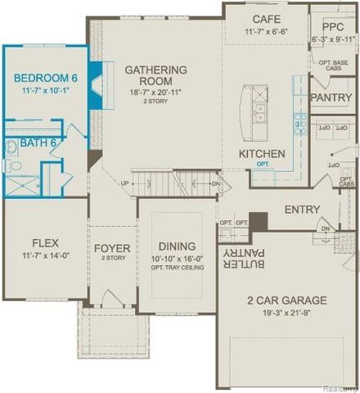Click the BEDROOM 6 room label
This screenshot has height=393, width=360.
coord(45,79)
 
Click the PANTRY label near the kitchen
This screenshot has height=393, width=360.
coord(332,97)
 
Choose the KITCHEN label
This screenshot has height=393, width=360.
coord(262,153)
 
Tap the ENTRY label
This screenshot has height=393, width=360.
coord(302,210)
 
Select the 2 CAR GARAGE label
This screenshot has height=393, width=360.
coord(286,300)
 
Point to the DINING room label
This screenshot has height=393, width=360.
coord(177,246)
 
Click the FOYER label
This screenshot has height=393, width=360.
coord(112,248)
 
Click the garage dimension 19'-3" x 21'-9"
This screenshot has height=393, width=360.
coord(286,312)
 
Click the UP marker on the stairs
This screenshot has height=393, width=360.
coord(124,183)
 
